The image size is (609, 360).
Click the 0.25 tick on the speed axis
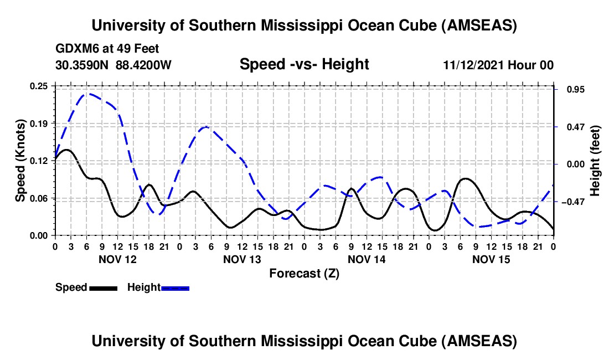(39, 86)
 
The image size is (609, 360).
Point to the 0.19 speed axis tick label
(39, 123)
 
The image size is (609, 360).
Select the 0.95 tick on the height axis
(569, 90)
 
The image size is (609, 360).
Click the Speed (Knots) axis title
(20, 161)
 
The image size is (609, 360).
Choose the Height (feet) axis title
(596, 161)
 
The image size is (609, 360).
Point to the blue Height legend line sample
(175, 287)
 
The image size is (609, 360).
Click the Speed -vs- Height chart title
(304, 65)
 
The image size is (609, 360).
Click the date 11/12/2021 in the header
(473, 65)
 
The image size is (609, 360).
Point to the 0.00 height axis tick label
(570, 164)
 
